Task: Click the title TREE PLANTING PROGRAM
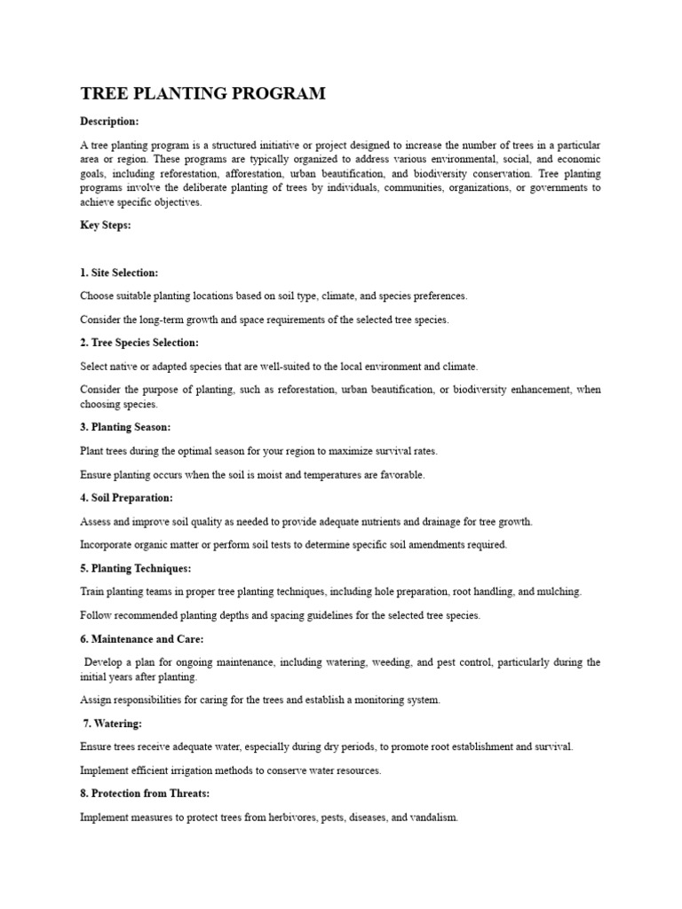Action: [x=203, y=93]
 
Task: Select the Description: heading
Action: [x=109, y=122]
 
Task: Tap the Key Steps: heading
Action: [x=106, y=225]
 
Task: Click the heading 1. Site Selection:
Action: [x=119, y=273]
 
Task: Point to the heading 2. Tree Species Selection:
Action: [x=139, y=343]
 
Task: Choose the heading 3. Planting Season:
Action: [x=125, y=427]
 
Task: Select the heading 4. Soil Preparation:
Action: [x=126, y=498]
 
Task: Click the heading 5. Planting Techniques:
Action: [x=135, y=567]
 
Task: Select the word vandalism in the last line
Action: [x=433, y=817]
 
